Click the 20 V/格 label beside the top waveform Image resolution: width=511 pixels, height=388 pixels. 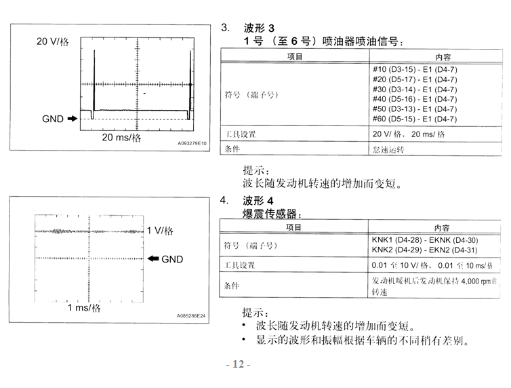52,42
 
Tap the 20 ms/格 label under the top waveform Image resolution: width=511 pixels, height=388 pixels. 121,138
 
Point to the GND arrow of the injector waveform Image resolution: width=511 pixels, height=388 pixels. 73,119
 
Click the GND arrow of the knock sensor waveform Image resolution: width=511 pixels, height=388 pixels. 153,258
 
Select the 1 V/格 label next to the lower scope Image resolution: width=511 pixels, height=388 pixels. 160,231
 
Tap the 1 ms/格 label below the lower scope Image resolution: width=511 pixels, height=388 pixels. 84,308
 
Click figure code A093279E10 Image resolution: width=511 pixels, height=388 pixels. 192,143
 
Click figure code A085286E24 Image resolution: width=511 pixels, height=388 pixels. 191,315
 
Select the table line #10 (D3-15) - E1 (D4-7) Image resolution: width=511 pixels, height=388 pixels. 415,69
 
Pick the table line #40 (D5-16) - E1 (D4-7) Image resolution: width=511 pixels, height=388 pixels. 415,99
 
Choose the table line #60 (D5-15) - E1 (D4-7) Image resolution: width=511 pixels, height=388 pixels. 415,119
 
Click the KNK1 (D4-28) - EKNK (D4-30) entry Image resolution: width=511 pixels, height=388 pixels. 425,240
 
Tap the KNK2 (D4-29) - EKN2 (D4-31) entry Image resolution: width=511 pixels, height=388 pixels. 425,250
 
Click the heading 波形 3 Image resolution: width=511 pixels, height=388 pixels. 259,28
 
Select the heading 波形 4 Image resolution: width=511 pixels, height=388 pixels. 258,200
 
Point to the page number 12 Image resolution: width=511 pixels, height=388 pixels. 239,364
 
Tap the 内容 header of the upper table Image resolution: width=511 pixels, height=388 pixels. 443,58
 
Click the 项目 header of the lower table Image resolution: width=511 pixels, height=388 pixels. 293,227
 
